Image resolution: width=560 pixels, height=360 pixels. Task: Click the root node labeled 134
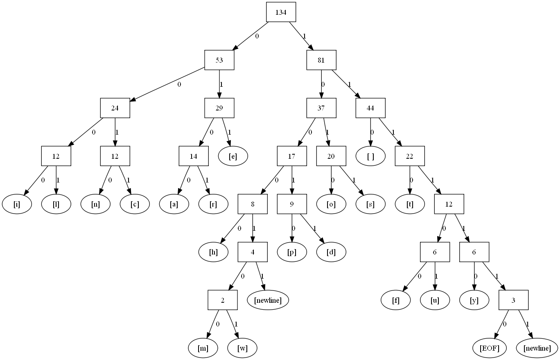pyautogui.click(x=281, y=12)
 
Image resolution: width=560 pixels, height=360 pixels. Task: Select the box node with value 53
pyautogui.click(x=219, y=60)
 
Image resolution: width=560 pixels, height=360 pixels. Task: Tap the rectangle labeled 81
pyautogui.click(x=321, y=60)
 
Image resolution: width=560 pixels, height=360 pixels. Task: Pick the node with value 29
pyautogui.click(x=219, y=108)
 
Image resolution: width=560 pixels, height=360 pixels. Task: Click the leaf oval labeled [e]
pyautogui.click(x=233, y=156)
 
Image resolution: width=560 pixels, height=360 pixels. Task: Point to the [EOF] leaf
pyautogui.click(x=490, y=348)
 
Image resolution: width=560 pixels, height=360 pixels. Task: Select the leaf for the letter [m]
pyautogui.click(x=203, y=348)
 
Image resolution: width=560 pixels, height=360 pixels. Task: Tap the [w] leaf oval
pyautogui.click(x=242, y=348)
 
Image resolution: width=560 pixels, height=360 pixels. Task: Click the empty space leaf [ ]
pyautogui.click(x=370, y=156)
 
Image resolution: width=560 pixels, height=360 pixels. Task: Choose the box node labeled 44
pyautogui.click(x=370, y=108)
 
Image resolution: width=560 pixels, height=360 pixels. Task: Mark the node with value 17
pyautogui.click(x=292, y=156)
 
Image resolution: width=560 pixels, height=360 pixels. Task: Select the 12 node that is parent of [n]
pyautogui.click(x=115, y=156)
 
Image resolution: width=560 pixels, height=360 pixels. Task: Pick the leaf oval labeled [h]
pyautogui.click(x=213, y=252)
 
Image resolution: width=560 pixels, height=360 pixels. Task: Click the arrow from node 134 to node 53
pyautogui.click(x=250, y=36)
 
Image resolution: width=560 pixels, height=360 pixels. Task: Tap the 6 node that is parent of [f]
pyautogui.click(x=435, y=252)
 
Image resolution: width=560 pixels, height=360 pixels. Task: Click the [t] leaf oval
pyautogui.click(x=410, y=204)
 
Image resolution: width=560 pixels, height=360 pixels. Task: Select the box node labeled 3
pyautogui.click(x=513, y=300)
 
